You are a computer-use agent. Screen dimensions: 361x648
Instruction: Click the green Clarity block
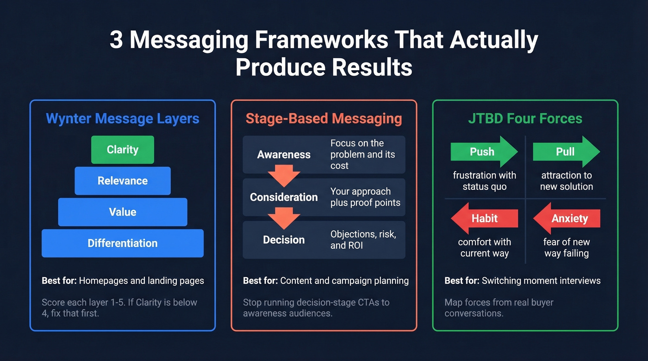point(122,150)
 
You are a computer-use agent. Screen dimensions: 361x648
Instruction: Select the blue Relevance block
point(122,181)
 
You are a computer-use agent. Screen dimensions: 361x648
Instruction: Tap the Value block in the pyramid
point(122,212)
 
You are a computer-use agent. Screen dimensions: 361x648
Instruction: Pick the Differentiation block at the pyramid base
point(122,243)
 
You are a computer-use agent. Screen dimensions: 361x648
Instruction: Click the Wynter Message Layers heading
point(122,118)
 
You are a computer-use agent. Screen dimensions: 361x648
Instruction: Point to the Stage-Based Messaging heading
point(324,118)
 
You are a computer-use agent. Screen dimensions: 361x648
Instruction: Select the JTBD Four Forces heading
point(525,118)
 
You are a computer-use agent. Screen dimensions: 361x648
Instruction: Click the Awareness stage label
point(284,155)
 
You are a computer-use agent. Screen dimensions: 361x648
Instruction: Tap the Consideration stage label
point(284,197)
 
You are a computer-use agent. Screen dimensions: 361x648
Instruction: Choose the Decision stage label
point(284,240)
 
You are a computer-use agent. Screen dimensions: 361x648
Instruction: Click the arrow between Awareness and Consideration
point(284,177)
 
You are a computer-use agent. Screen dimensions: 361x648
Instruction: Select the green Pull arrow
point(566,152)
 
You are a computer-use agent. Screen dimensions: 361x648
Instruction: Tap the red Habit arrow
point(484,219)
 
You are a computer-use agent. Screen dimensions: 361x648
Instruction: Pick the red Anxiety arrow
point(567,219)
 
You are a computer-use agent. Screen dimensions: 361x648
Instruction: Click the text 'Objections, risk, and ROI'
point(363,240)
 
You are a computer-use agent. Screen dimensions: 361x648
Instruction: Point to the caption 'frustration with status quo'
point(485,181)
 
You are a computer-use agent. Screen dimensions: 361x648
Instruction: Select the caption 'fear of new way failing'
point(567,247)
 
